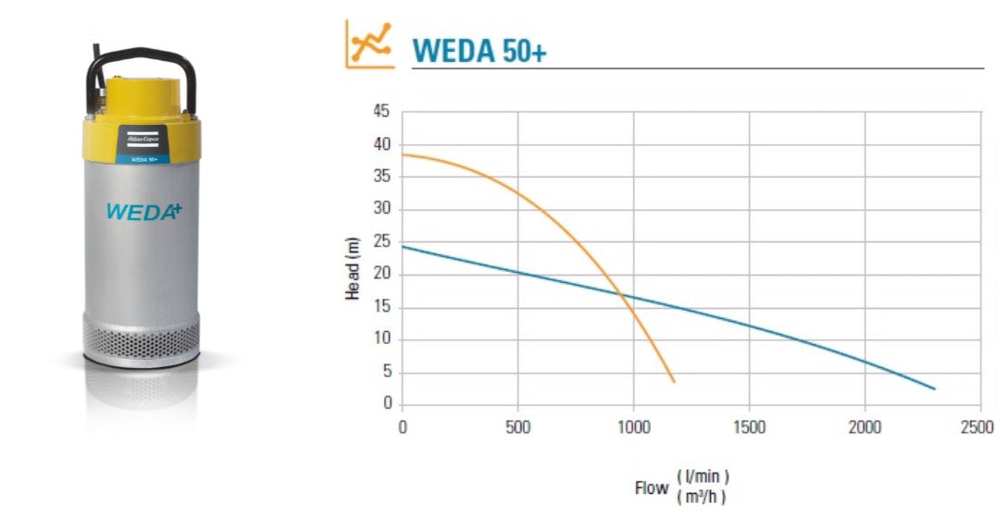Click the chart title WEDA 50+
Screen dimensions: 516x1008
[x=479, y=50]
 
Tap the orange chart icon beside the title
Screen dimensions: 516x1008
[x=367, y=44]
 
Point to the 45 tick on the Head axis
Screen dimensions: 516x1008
[x=382, y=112]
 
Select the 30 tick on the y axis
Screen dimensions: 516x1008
[x=382, y=210]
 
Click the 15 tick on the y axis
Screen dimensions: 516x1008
[x=382, y=307]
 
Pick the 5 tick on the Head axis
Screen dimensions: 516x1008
[x=386, y=372]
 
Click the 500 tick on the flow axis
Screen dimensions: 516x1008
[x=517, y=426]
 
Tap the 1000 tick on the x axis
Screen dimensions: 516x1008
[x=633, y=426]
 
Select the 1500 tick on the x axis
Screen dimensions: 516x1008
[x=749, y=426]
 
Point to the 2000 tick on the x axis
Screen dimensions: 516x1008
[x=865, y=426]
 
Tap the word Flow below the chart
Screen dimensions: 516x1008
[x=652, y=487]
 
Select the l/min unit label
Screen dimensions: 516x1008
[x=703, y=477]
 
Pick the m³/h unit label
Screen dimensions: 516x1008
[x=703, y=497]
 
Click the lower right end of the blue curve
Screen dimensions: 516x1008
[x=934, y=388]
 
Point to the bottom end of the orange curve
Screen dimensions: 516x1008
[x=674, y=381]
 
